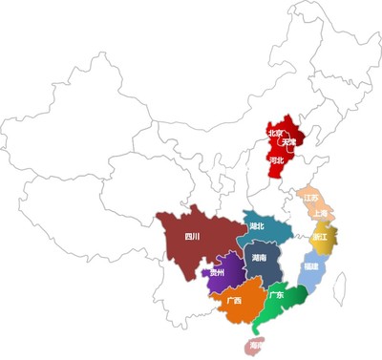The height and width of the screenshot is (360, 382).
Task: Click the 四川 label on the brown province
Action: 192,237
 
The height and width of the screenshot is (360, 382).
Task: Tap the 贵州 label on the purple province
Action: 218,273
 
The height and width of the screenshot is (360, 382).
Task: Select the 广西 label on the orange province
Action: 235,301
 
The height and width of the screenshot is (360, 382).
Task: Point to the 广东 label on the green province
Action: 276,295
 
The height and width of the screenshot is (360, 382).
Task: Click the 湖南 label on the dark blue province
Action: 259,258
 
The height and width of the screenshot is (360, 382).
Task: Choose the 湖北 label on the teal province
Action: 257,226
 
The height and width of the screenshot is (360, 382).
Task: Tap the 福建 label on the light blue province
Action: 310,265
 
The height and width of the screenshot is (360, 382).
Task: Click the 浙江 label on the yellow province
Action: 319,236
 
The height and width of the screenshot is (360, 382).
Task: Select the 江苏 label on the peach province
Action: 311,198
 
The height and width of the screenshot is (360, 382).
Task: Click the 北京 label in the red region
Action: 275,133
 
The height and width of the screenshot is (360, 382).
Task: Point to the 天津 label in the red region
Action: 287,141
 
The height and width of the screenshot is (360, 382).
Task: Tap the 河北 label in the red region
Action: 277,160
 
